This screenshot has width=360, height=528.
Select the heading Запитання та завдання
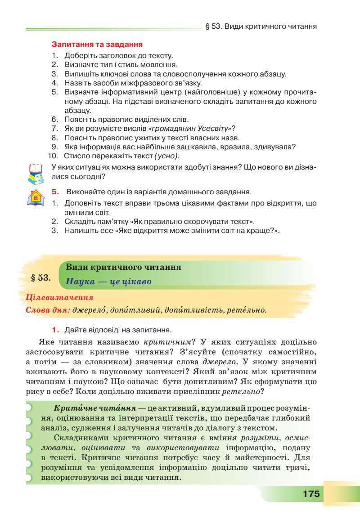point(97,45)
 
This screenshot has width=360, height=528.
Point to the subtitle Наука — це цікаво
point(108,282)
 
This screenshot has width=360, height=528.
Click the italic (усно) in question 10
point(166,156)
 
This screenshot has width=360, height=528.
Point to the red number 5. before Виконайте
point(55,192)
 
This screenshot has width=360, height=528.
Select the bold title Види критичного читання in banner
point(123,267)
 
